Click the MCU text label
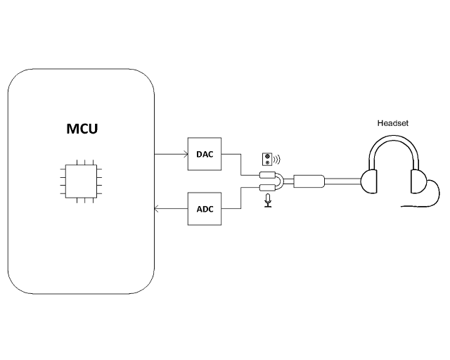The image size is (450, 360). pyautogui.click(x=81, y=129)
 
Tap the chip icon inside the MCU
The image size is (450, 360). pyautogui.click(x=81, y=181)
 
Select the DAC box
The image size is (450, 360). pyautogui.click(x=205, y=154)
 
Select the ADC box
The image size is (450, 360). pyautogui.click(x=205, y=209)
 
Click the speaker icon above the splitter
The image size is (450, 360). pyautogui.click(x=266, y=158)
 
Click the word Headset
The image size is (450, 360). pyautogui.click(x=392, y=123)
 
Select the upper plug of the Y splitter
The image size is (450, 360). pyautogui.click(x=267, y=176)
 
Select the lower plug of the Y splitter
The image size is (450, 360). pyautogui.click(x=267, y=187)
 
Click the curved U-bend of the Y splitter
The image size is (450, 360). pyautogui.click(x=281, y=181)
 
